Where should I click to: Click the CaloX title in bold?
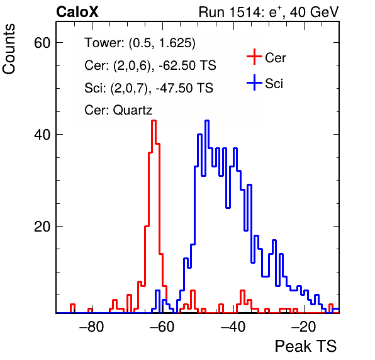pyautogui.click(x=77, y=12)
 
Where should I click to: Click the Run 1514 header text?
pyautogui.click(x=269, y=12)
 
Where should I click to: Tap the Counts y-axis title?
pyautogui.click(x=9, y=49)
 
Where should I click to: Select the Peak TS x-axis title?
pyautogui.click(x=305, y=346)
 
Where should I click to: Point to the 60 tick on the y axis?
pyautogui.click(x=42, y=43)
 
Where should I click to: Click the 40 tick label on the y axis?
pyautogui.click(x=42, y=135)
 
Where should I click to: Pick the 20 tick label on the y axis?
pyautogui.click(x=42, y=227)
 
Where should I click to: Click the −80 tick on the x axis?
pyautogui.click(x=92, y=326)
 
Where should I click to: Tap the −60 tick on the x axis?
pyautogui.click(x=162, y=326)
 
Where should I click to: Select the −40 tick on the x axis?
pyautogui.click(x=233, y=326)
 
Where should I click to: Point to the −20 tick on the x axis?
pyautogui.click(x=303, y=326)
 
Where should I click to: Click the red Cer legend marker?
pyautogui.click(x=254, y=57)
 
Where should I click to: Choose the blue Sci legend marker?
pyautogui.click(x=254, y=83)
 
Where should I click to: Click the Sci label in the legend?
pyautogui.click(x=274, y=84)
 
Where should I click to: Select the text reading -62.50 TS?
pyautogui.click(x=187, y=65)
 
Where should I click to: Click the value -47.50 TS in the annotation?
pyautogui.click(x=184, y=87)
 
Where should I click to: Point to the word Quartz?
pyautogui.click(x=133, y=110)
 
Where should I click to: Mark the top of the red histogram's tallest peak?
pyautogui.click(x=154, y=121)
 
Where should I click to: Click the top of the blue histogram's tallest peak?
pyautogui.click(x=207, y=121)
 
